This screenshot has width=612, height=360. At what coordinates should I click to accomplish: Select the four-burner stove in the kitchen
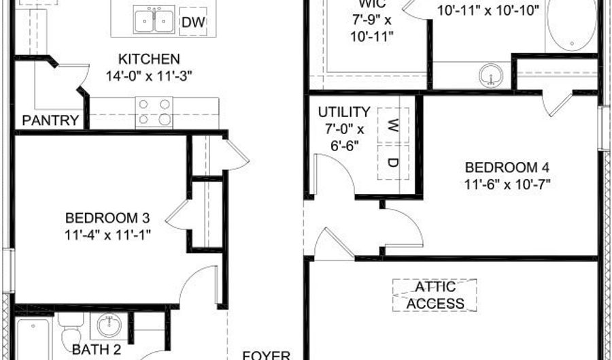coord(154,112)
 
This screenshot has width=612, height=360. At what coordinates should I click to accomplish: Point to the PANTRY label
coord(50,121)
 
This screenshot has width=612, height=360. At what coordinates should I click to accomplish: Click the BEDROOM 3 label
coord(107,218)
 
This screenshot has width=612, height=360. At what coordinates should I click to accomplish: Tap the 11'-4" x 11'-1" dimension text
coord(107,235)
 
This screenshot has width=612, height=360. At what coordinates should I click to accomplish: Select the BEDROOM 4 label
coord(507,167)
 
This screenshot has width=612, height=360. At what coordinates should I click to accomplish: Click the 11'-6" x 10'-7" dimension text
coord(507,184)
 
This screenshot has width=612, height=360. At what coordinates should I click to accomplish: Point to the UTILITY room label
coord(344,112)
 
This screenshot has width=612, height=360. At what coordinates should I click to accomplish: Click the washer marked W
coord(393,125)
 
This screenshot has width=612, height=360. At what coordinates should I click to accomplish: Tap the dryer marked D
coord(393,162)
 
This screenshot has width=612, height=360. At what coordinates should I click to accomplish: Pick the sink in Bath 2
coord(108,326)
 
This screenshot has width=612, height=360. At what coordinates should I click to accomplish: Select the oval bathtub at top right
coord(571,24)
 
